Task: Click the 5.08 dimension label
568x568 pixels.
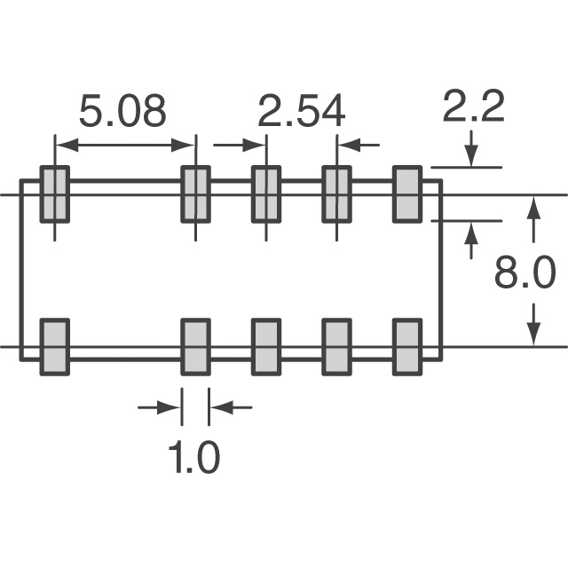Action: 122,113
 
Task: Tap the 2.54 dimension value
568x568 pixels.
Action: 301,113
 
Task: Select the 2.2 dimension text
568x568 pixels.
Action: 473,107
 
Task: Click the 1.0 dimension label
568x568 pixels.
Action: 193,459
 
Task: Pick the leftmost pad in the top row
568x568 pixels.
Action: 55,194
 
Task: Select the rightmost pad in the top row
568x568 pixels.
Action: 406,194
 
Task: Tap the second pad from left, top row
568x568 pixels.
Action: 195,194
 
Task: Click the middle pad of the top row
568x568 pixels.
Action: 266,194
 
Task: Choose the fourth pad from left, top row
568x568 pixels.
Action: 336,194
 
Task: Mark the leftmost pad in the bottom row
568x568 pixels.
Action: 55,346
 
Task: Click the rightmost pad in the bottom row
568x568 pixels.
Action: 406,346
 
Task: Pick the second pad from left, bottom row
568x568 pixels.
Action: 195,346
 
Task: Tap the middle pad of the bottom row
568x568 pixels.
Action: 266,346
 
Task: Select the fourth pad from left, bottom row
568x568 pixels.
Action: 336,346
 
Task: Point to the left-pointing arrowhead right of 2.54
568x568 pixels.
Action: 346,144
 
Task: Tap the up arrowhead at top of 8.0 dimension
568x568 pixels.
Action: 532,206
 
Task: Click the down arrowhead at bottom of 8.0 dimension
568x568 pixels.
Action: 532,335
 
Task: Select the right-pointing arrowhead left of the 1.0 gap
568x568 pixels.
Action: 172,407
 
